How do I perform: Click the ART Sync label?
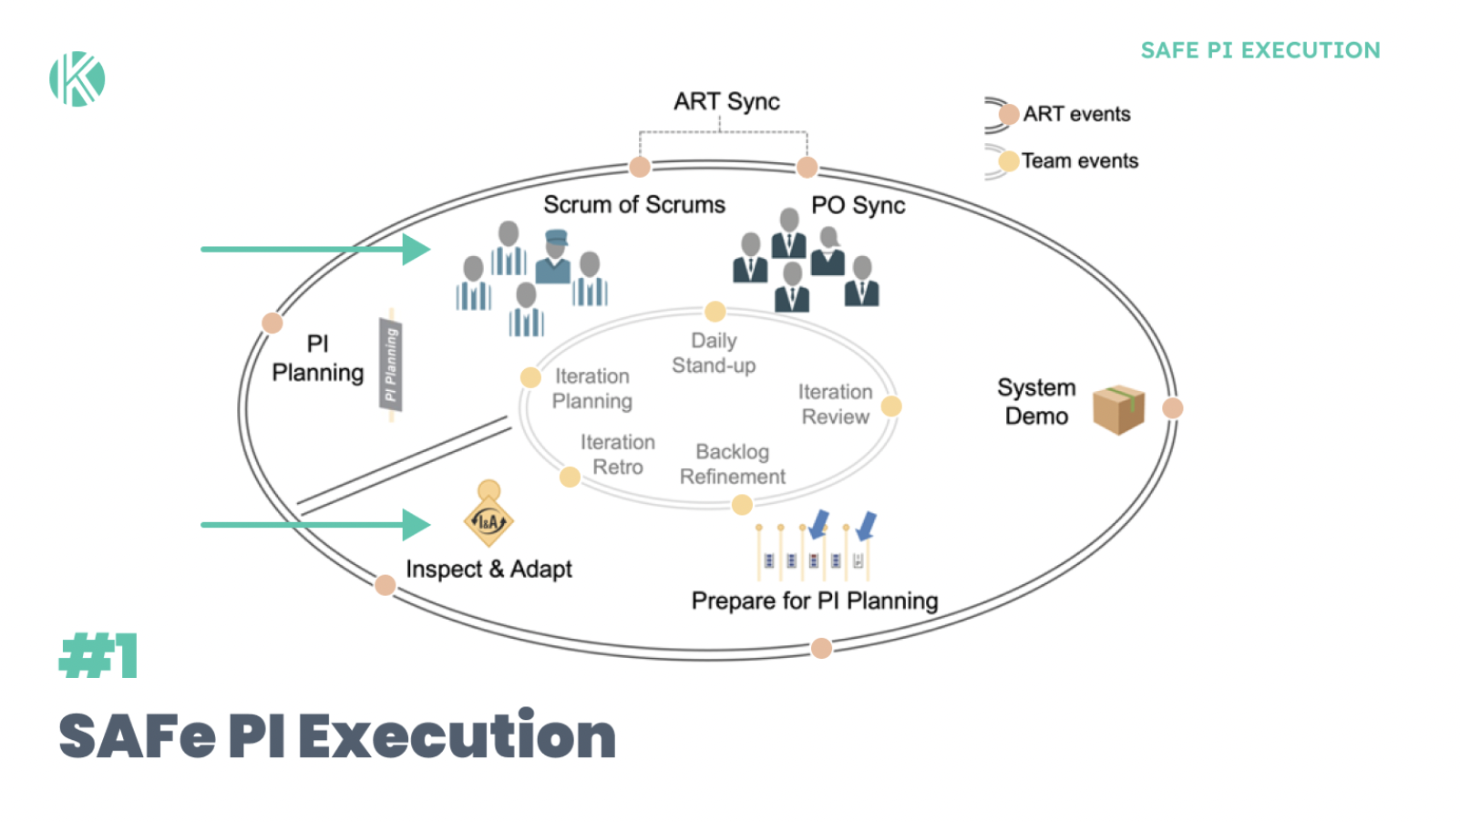click(x=726, y=101)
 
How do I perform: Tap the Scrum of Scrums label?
click(x=634, y=205)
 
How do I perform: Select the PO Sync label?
click(x=858, y=206)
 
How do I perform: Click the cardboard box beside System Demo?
click(x=1118, y=409)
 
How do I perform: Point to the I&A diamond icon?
click(x=488, y=520)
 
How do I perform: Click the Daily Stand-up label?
click(x=714, y=353)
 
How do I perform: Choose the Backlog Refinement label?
click(x=732, y=464)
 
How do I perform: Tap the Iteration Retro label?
click(x=618, y=454)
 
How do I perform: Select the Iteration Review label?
click(x=835, y=404)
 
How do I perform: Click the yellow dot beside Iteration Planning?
click(x=530, y=377)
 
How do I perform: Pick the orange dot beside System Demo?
click(x=1173, y=408)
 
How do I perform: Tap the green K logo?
click(x=77, y=79)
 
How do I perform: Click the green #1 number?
click(x=98, y=656)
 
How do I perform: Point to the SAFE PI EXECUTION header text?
click(x=1260, y=51)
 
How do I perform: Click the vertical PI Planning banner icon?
click(x=391, y=365)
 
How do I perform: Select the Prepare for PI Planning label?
click(x=814, y=601)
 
